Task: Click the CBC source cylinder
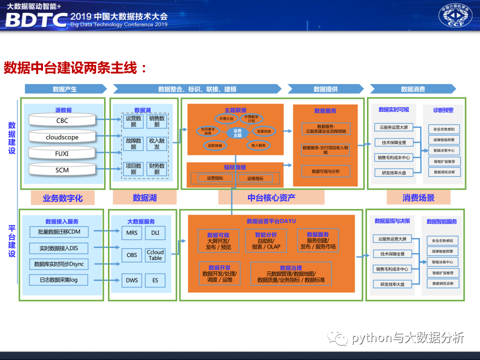tap(62, 120)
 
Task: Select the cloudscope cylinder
tap(62, 137)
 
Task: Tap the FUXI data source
tap(62, 153)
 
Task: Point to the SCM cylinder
tap(62, 170)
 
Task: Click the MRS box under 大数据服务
tap(131, 232)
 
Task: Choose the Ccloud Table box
tap(155, 255)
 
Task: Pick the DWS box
tap(131, 280)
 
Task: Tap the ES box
tap(155, 280)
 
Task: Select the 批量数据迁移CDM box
tap(59, 232)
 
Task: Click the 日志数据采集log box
tap(59, 280)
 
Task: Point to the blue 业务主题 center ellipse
tap(237, 133)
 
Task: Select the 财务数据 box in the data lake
tap(157, 169)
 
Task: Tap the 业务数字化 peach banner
tap(63, 198)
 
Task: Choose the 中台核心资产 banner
tap(271, 198)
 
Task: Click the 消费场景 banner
tap(418, 198)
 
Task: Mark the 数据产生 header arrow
tap(65, 89)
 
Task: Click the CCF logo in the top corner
tap(455, 16)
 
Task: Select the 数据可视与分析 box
tap(325, 171)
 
